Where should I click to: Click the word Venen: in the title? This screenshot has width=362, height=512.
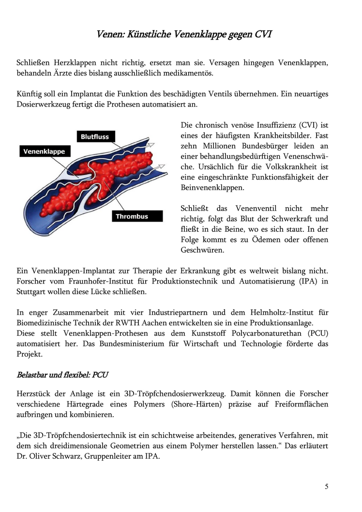pyautogui.click(x=110, y=34)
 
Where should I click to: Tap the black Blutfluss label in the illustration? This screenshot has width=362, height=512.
pyautogui.click(x=95, y=136)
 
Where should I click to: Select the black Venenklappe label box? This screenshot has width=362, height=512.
pyautogui.click(x=44, y=151)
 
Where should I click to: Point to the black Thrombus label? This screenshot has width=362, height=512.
pyautogui.click(x=132, y=216)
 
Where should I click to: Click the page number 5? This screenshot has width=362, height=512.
pyautogui.click(x=327, y=486)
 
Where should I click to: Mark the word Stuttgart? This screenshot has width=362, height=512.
pyautogui.click(x=32, y=292)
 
